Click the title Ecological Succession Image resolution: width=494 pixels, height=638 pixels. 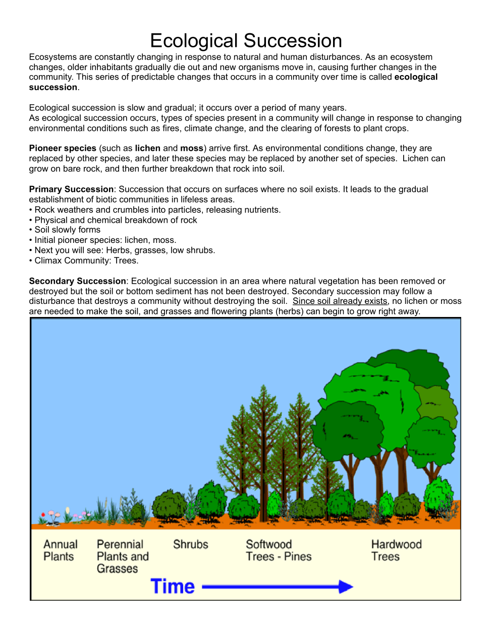246,41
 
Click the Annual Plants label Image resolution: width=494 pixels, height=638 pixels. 60,550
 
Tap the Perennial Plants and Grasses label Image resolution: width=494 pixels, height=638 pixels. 123,556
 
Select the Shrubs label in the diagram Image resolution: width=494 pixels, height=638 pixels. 190,544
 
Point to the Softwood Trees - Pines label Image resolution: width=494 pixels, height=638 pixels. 279,550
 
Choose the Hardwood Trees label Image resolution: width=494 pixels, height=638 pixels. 396,550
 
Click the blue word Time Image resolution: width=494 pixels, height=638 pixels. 173,587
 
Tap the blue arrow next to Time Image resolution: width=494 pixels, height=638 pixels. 278,587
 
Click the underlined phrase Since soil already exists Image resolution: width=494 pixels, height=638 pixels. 340,301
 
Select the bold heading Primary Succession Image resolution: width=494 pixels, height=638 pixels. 71,189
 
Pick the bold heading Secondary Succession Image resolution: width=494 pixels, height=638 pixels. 77,281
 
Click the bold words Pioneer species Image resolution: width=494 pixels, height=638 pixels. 63,148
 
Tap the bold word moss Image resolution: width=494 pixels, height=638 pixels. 192,148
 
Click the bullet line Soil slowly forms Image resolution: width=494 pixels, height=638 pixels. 67,230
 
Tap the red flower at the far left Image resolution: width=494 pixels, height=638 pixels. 43,515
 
